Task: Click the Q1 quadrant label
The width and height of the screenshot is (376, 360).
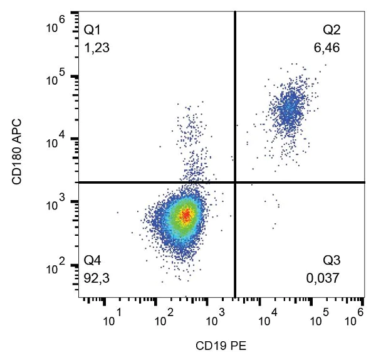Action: coord(92,29)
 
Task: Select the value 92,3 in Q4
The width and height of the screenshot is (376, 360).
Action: coord(95,276)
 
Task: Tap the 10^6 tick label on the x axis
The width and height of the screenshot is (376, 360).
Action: coord(357,317)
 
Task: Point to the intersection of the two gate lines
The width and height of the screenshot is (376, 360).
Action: coord(234,183)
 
